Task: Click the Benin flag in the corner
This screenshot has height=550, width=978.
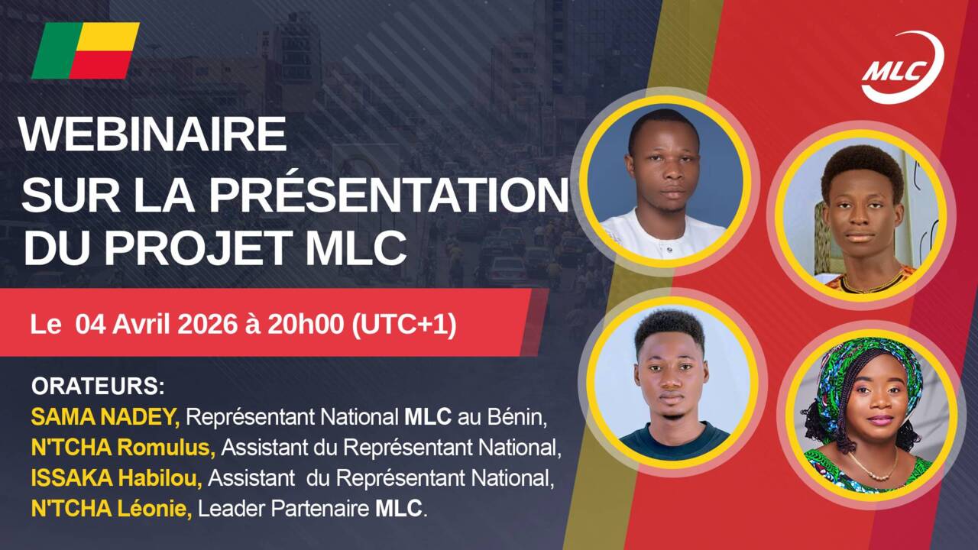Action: pos(86,50)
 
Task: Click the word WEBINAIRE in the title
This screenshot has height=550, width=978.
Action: pos(153,134)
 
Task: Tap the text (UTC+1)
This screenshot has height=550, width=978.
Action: pos(403,324)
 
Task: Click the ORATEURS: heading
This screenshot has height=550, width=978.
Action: pos(98,386)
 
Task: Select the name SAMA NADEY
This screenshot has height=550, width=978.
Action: pos(105,418)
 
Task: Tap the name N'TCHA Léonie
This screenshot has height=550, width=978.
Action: pos(112,509)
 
